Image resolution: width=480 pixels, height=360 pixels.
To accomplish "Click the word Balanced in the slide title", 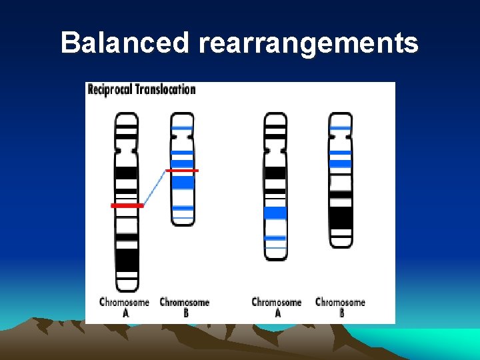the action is click(x=125, y=43).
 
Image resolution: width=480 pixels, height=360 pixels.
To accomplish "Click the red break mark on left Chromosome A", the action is click(x=127, y=206).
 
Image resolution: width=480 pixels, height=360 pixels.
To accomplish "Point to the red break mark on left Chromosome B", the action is click(x=182, y=171).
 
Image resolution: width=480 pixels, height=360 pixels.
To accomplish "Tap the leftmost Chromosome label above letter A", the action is click(x=125, y=302).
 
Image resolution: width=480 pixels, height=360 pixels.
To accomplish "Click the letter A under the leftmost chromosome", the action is click(x=125, y=313).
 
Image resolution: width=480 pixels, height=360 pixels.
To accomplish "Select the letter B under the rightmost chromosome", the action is click(x=341, y=313).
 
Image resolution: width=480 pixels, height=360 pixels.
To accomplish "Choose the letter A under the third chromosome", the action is click(x=277, y=313).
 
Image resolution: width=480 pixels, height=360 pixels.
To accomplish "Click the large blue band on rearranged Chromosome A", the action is click(x=275, y=213).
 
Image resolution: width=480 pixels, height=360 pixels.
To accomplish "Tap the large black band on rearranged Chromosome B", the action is click(x=341, y=217).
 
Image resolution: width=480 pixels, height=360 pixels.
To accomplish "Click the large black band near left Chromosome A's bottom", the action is click(x=127, y=259).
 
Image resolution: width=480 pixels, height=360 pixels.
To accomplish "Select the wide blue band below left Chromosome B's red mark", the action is click(x=183, y=182).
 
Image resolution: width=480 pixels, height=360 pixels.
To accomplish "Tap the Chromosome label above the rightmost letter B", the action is click(x=340, y=302).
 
